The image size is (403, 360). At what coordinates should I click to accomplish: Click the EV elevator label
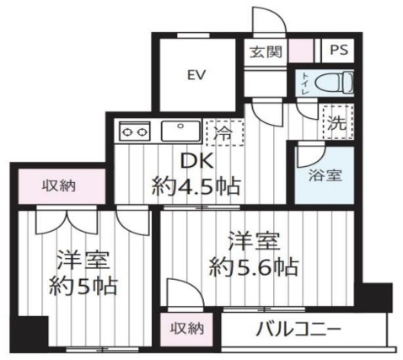197,74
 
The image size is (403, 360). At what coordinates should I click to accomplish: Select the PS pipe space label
337,51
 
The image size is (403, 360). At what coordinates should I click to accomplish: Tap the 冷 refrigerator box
224,132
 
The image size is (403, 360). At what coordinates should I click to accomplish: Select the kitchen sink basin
180,130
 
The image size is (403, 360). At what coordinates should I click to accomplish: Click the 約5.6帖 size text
254,269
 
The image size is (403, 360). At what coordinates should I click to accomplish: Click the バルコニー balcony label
298,327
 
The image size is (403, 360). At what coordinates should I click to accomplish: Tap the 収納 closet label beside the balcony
188,327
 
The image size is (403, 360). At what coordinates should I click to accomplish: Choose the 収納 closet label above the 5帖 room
60,185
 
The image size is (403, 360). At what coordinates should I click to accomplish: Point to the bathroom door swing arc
309,155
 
